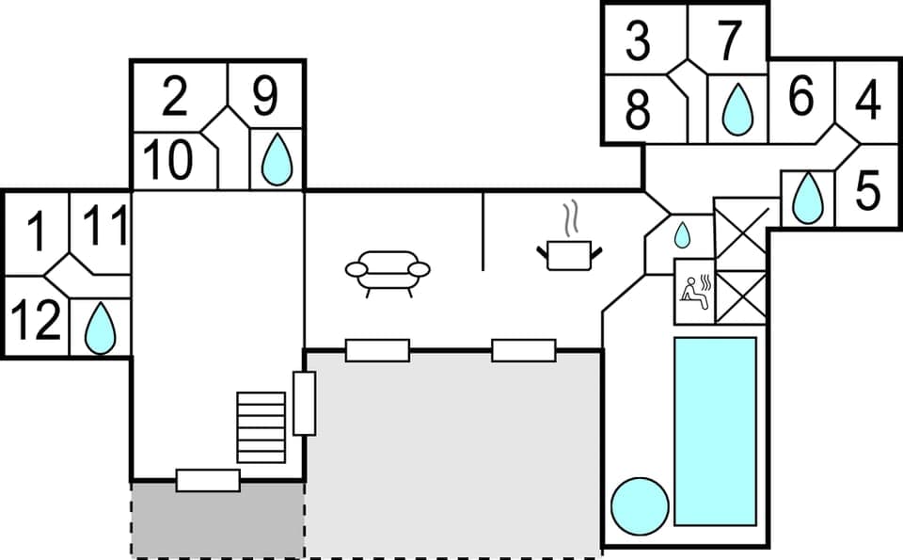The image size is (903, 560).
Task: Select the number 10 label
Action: pos(168,160)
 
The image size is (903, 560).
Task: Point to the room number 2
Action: pos(175,97)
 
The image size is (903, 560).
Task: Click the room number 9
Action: pos(266,95)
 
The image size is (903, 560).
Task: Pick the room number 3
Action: pos(638,41)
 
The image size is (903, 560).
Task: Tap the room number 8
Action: pos(638,110)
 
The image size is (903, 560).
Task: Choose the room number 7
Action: pos(729,40)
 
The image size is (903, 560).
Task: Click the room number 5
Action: pos(867,191)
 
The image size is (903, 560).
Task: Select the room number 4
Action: pos(868,101)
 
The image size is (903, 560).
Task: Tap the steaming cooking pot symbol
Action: pos(568,247)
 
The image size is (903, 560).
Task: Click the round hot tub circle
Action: pos(640,506)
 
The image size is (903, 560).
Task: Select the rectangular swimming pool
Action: pos(715,431)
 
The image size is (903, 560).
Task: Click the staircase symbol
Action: pos(261,427)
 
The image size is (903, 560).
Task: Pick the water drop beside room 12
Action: pos(100,329)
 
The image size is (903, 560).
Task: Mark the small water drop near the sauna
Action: pos(683,234)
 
